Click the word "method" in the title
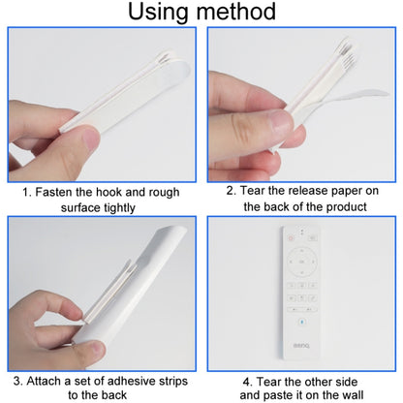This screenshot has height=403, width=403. pyautogui.click(x=236, y=12)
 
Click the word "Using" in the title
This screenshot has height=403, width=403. pyautogui.click(x=158, y=13)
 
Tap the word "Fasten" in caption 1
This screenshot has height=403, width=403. pyautogui.click(x=53, y=192)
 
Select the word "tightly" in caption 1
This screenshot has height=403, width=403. pyautogui.click(x=117, y=208)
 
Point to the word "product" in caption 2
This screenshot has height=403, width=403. pyautogui.click(x=346, y=207)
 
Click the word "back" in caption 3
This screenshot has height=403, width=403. pyautogui.click(x=114, y=395)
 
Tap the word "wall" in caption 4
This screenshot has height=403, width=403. pyautogui.click(x=353, y=395)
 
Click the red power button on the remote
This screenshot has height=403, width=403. pyautogui.click(x=291, y=238)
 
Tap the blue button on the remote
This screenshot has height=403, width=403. pyautogui.click(x=302, y=322)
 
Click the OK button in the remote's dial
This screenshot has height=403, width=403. pyautogui.click(x=302, y=262)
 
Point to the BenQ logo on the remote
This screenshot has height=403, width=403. pyautogui.click(x=301, y=346)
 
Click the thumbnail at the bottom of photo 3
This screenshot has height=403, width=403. pyautogui.click(x=94, y=351)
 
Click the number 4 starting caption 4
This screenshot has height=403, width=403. pyautogui.click(x=248, y=383)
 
